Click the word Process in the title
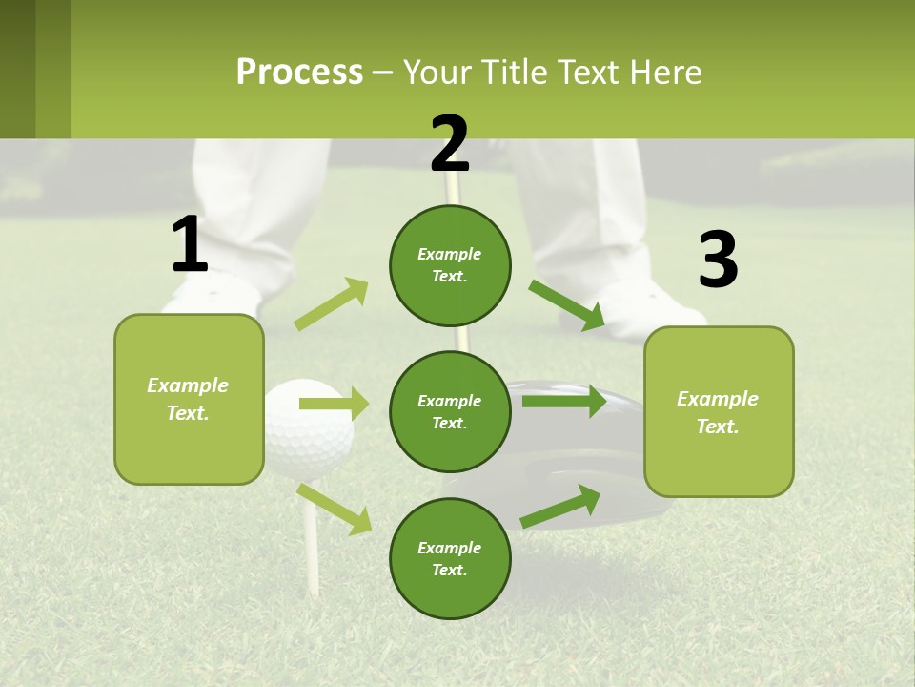299,73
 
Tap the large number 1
190,245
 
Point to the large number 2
450,144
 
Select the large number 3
718,261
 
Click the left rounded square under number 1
189,399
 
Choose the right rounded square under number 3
719,411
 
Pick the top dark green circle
450,265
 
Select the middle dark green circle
450,411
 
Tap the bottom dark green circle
450,558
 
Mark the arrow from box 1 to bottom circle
334,509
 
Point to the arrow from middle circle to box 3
563,401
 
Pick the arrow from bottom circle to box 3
560,506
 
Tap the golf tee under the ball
310,534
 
